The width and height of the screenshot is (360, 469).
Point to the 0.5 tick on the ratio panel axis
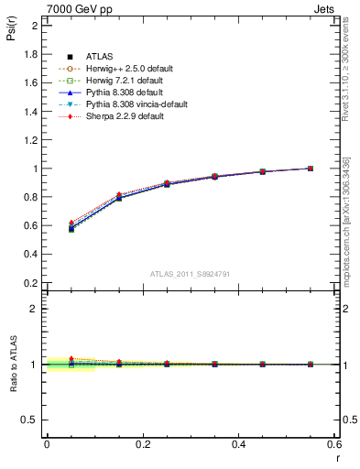tap(31, 420)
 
